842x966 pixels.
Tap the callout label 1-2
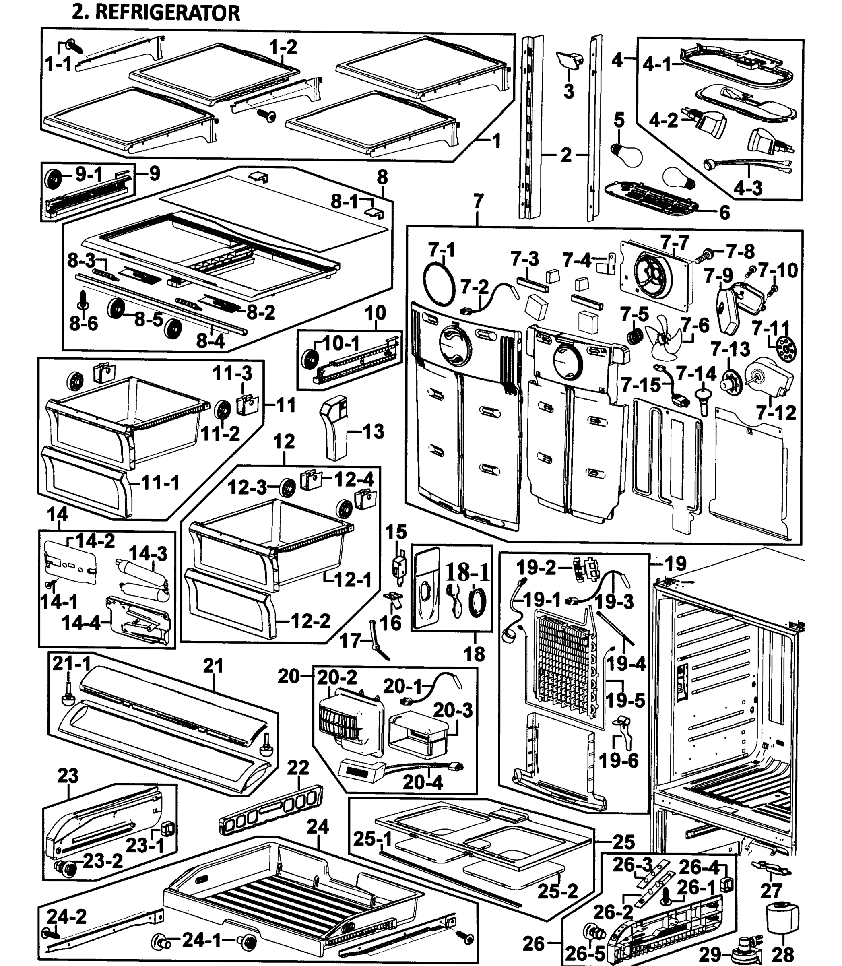coord(283,47)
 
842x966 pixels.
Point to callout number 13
coord(374,431)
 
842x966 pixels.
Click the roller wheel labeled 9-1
coord(54,179)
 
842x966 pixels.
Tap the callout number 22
coord(298,768)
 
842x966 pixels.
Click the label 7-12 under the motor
coord(776,413)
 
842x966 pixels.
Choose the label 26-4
coord(699,865)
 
